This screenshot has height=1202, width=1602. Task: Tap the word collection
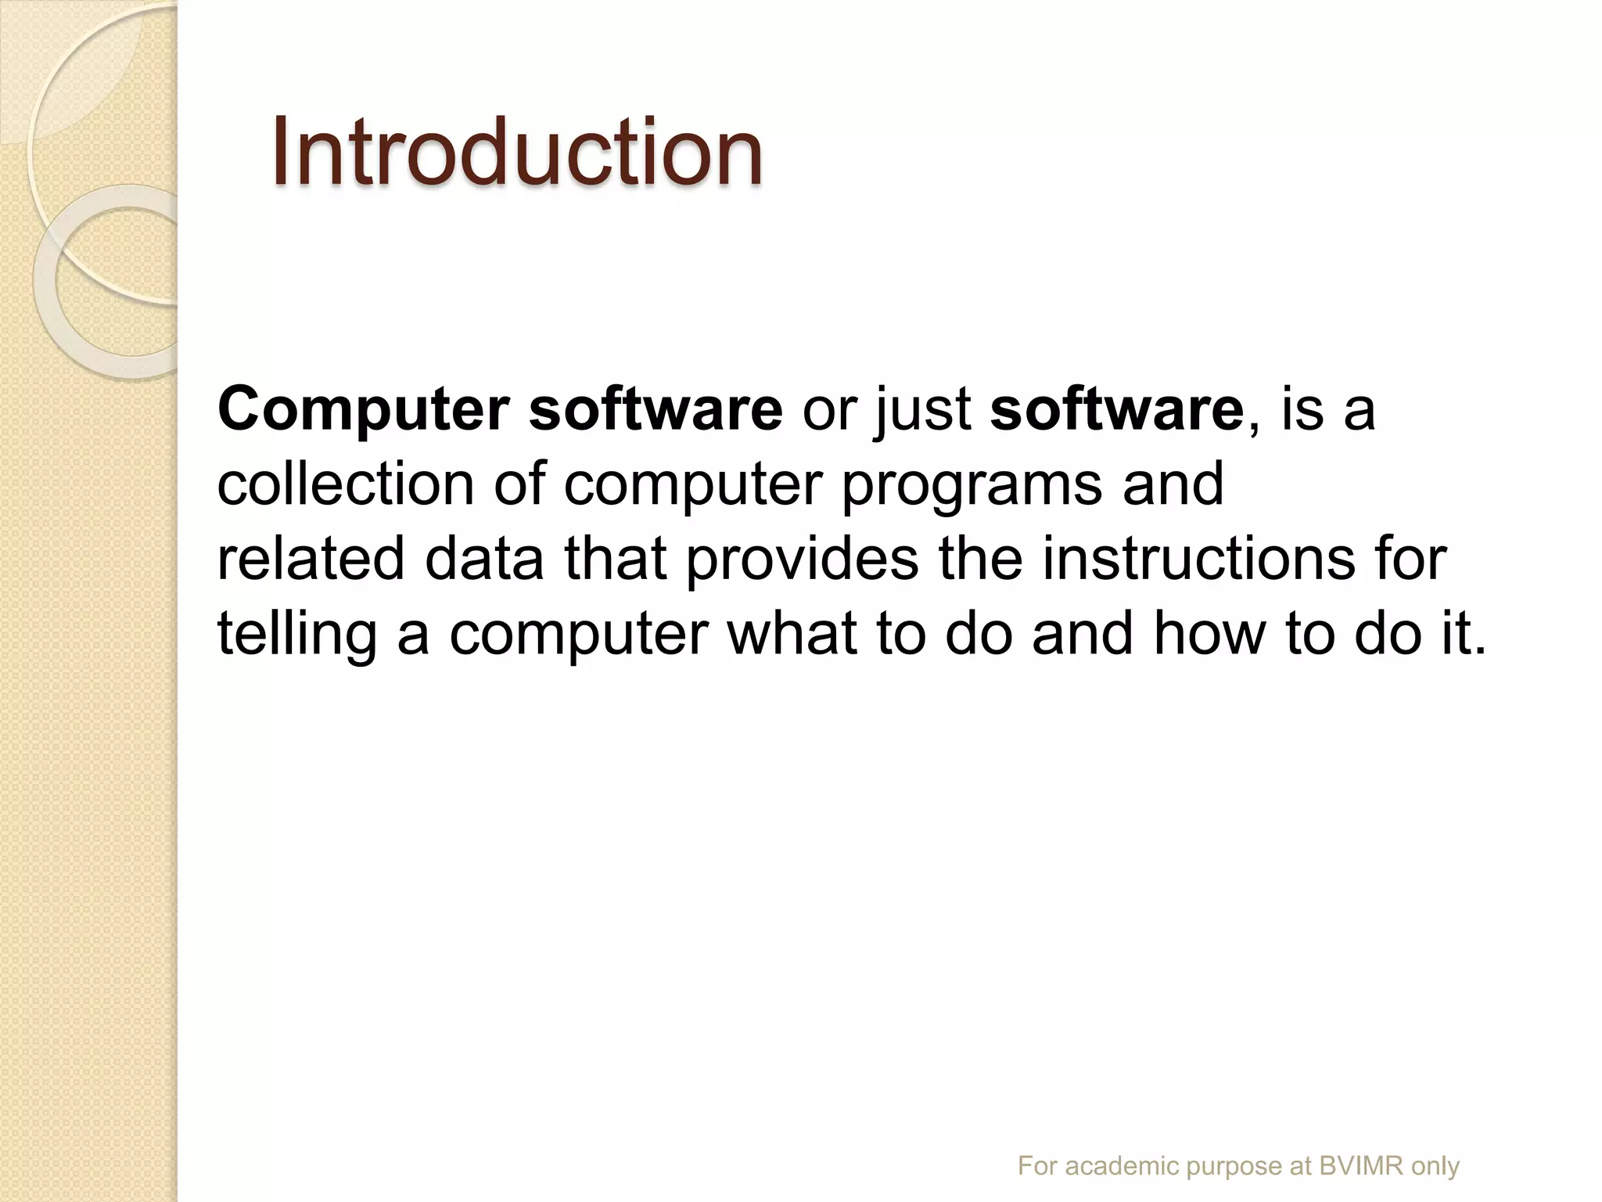point(345,484)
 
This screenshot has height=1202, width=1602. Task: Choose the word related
point(311,558)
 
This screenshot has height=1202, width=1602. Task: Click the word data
point(483,558)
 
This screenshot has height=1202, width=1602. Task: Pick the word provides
point(802,558)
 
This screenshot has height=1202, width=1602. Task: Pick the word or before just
point(829,410)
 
